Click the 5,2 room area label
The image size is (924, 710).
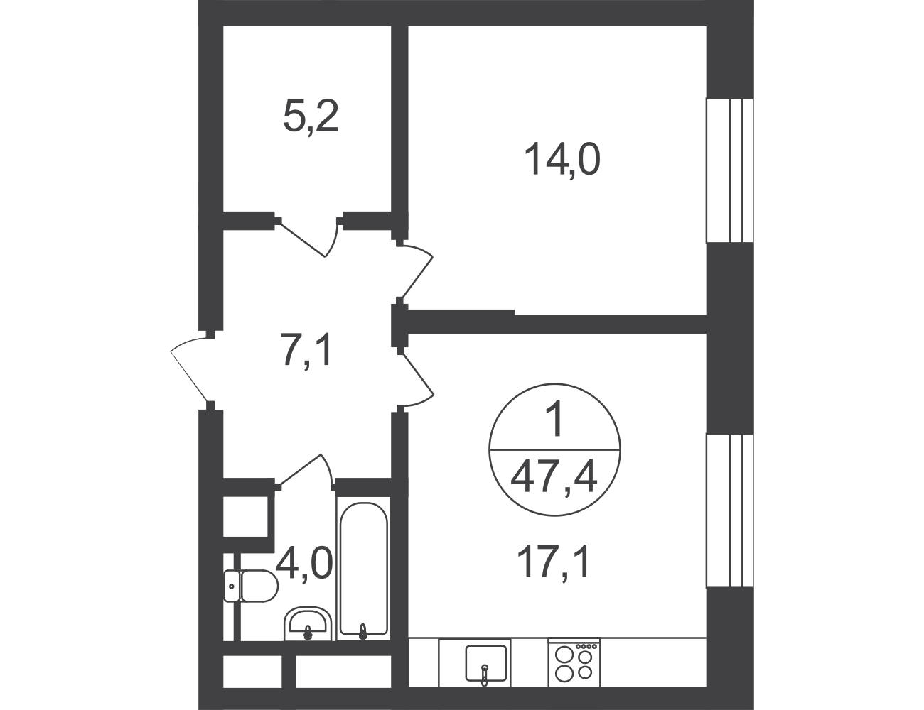point(311,117)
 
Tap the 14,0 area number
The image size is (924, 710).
point(562,159)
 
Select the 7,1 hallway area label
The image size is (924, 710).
point(306,350)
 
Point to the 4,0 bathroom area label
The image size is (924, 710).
point(303,563)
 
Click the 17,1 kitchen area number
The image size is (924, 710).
point(553,563)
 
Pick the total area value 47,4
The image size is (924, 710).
point(554,478)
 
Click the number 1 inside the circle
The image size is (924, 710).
point(554,420)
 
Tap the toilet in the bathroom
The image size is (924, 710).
point(251,586)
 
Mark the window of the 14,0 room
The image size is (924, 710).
point(729,170)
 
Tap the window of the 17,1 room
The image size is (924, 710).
point(729,510)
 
